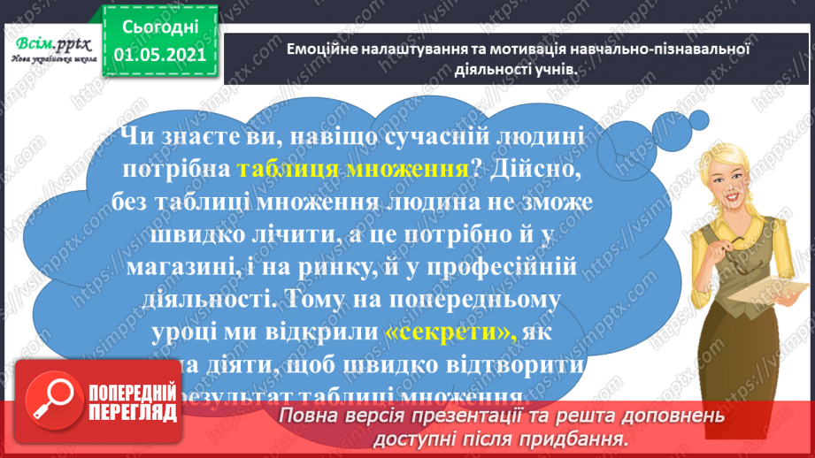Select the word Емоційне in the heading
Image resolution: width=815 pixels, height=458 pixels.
(x=319, y=50)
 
